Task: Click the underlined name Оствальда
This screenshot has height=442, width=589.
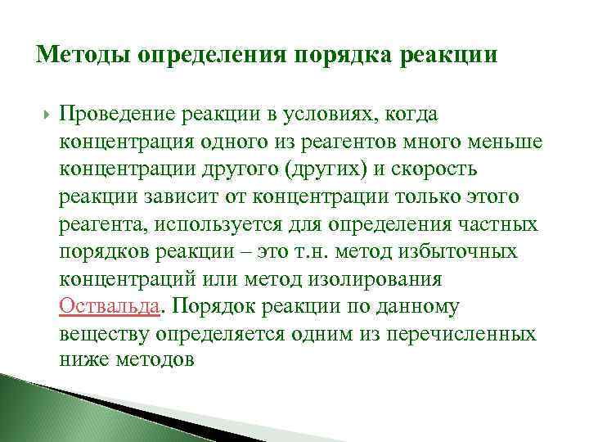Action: click(x=109, y=306)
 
